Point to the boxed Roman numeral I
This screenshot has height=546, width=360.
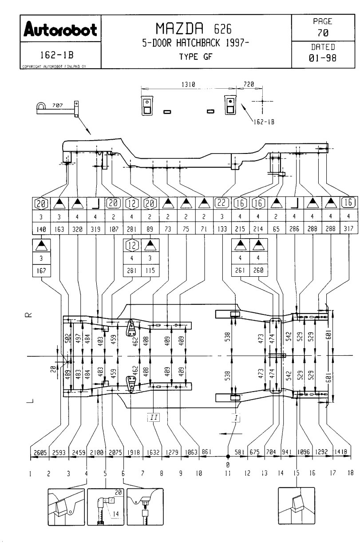click(236, 417)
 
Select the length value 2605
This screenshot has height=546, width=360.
click(40, 452)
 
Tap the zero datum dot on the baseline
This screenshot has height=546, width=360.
click(227, 456)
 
